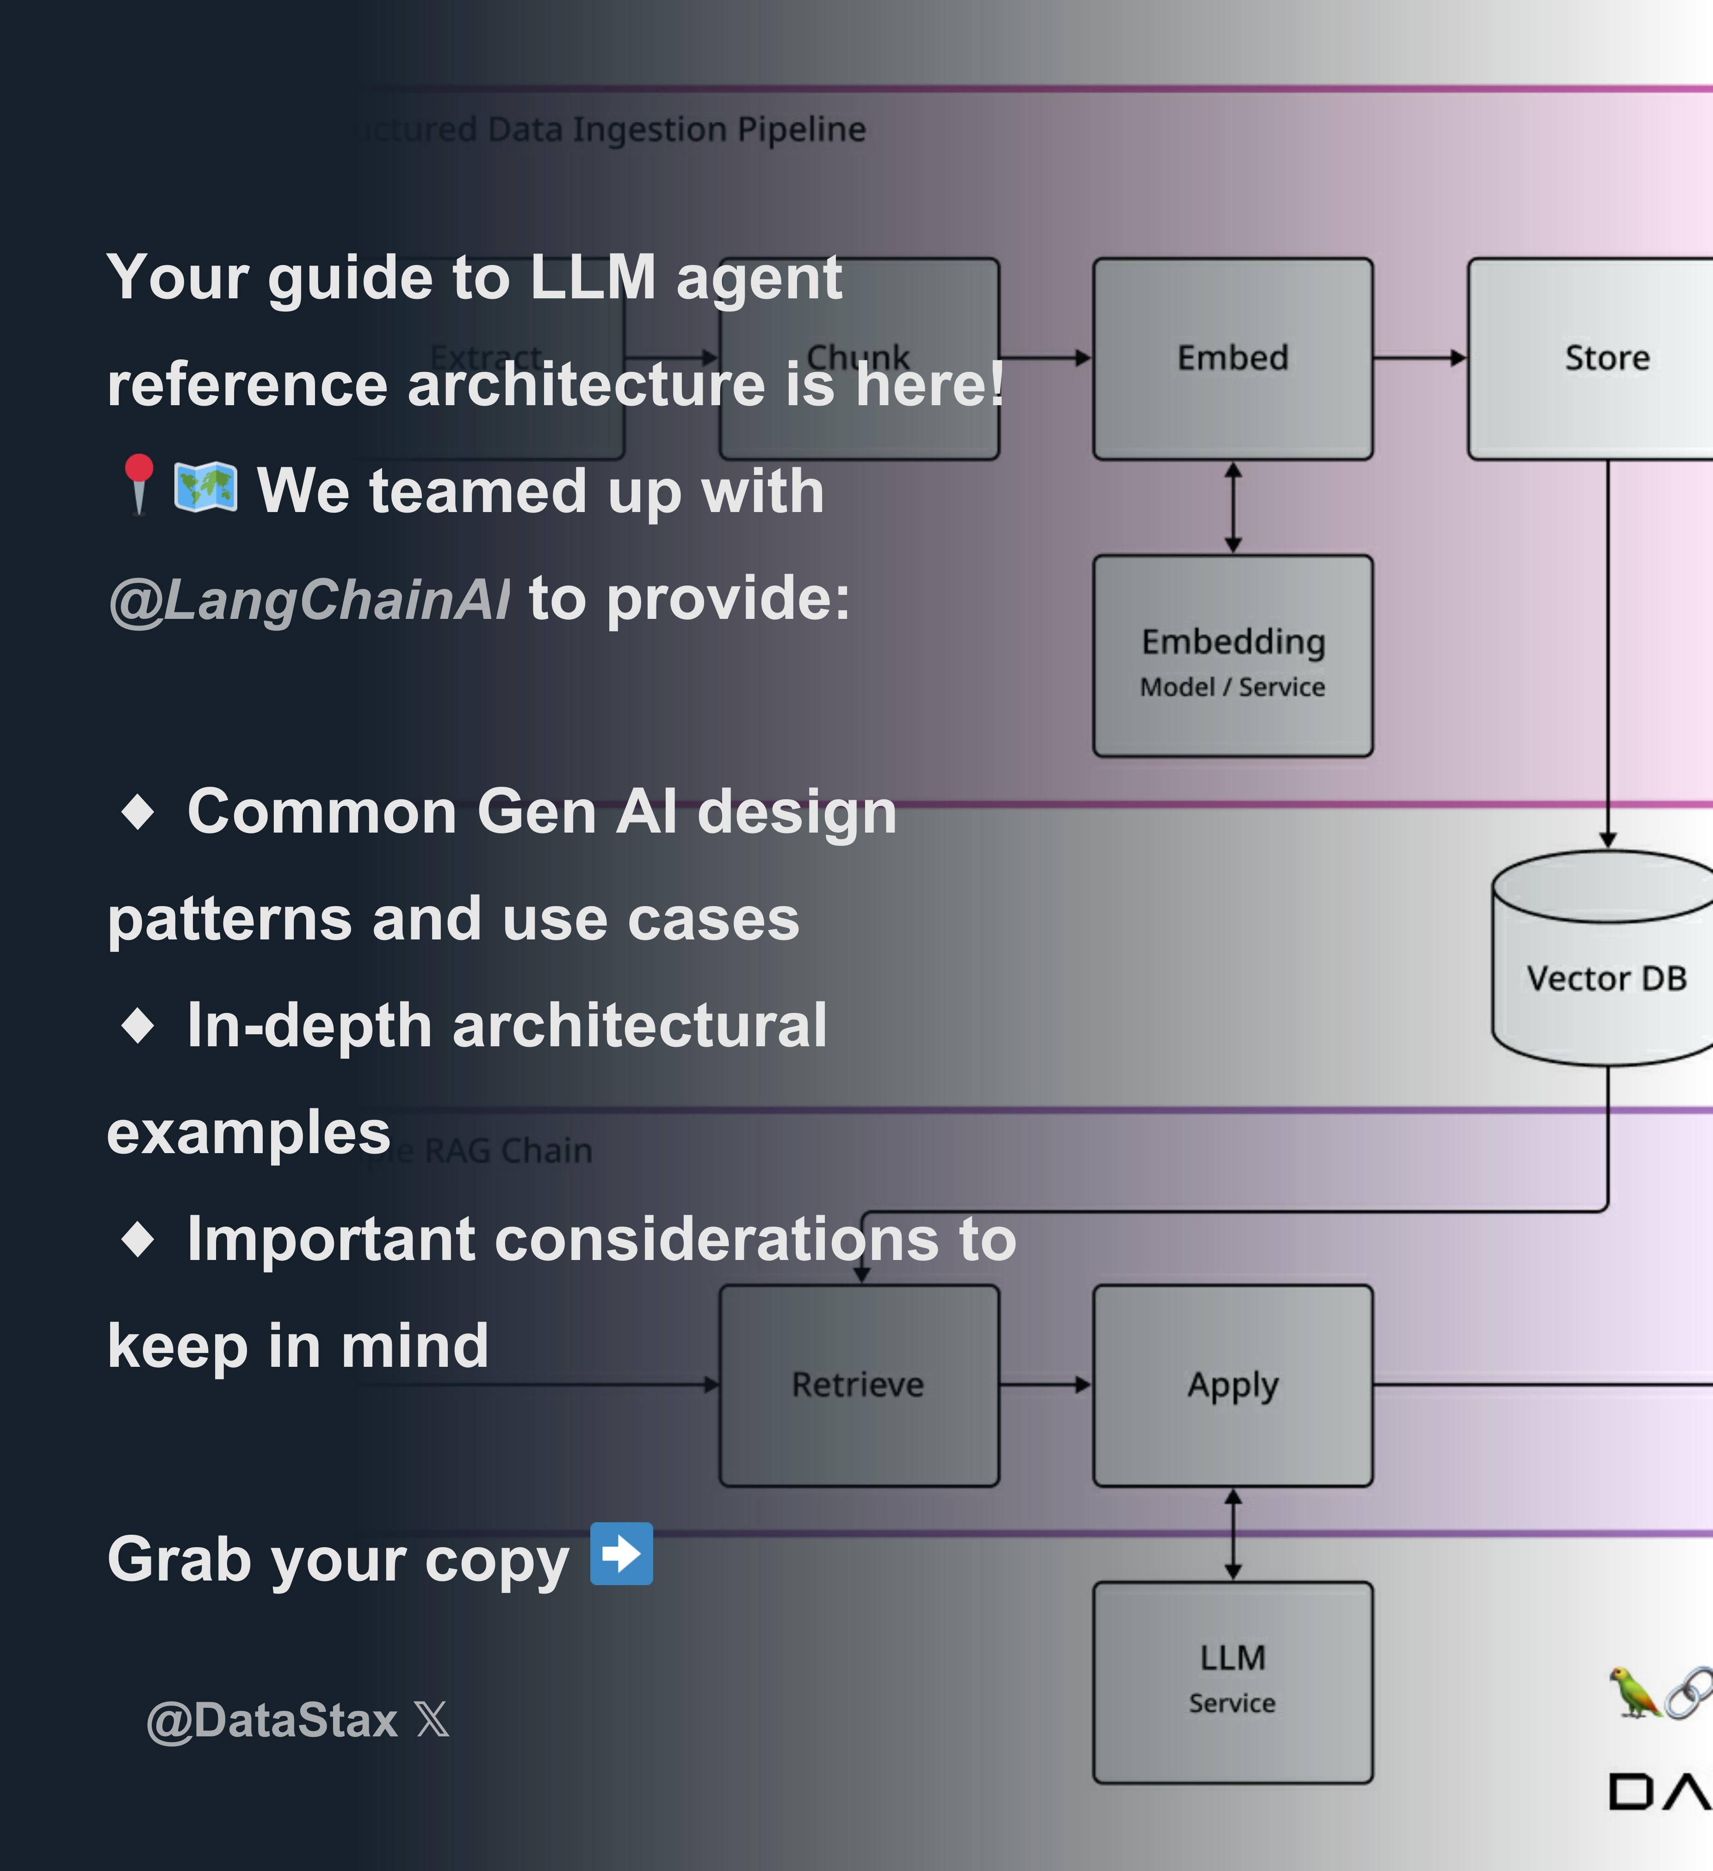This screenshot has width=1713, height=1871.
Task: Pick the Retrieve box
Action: coord(859,1385)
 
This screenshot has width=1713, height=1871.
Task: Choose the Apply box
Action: coord(1232,1385)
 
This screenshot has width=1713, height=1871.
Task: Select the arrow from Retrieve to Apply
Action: coord(1046,1385)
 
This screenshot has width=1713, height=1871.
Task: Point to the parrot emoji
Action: coord(1634,1691)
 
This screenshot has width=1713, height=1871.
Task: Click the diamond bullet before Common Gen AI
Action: coord(138,812)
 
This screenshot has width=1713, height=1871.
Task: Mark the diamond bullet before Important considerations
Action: coord(138,1239)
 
